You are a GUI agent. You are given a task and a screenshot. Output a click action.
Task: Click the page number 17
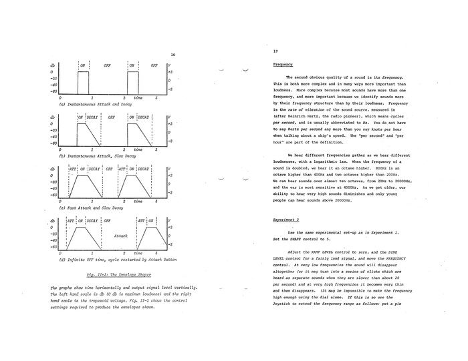tap(275, 51)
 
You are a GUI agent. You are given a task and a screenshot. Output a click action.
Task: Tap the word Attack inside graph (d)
tap(121, 236)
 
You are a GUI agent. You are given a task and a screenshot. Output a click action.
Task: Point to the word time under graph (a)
tap(138, 98)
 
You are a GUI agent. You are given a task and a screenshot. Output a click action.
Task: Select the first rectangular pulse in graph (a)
tap(84, 83)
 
